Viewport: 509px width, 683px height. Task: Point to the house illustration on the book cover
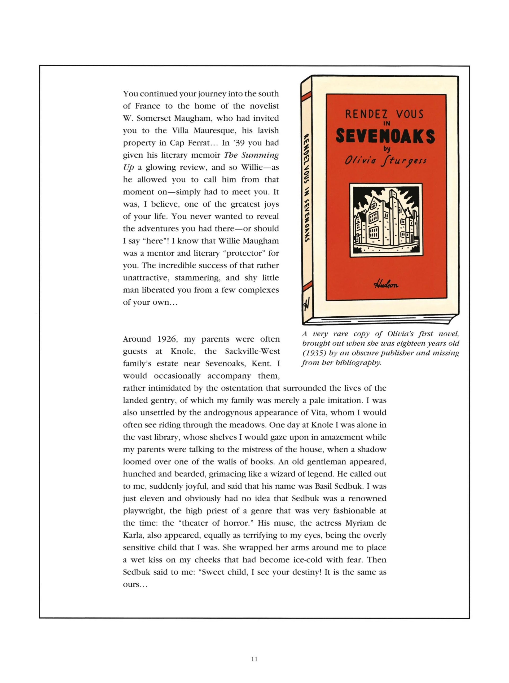[386, 220]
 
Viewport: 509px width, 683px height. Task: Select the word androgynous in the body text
[237, 413]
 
